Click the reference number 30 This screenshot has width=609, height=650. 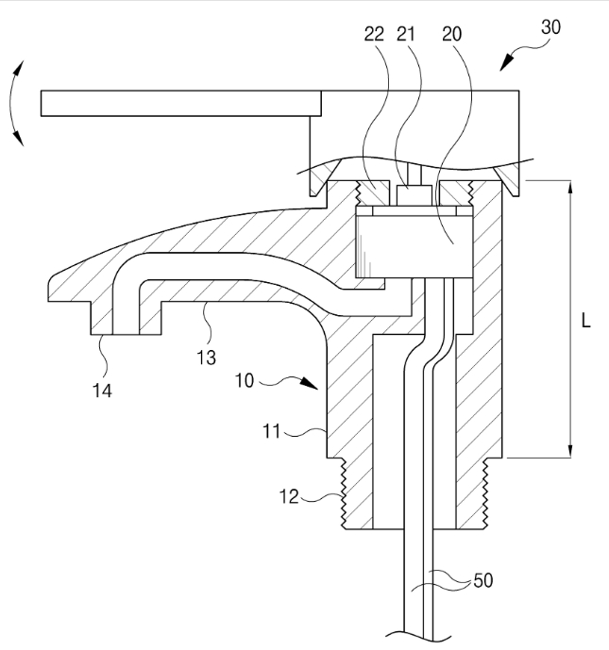pos(550,27)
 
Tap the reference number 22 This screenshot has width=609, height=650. pos(374,34)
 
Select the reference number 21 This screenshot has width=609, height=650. pos(406,34)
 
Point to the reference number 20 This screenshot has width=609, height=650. pos(451,34)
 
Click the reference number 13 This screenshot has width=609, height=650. pos(206,358)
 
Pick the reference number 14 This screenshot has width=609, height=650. pos(102,391)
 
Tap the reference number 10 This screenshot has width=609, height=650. pos(245,380)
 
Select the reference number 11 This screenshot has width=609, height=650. pos(272,431)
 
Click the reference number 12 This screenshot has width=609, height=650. pos(289,496)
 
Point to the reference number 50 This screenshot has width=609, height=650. pos(482,580)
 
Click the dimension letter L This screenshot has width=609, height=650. pos(585,320)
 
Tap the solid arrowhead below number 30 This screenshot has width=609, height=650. pos(507,62)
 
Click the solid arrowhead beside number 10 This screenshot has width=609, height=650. pos(309,383)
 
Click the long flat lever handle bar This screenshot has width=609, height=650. pos(181,103)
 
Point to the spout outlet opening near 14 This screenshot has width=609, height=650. pos(126,334)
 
